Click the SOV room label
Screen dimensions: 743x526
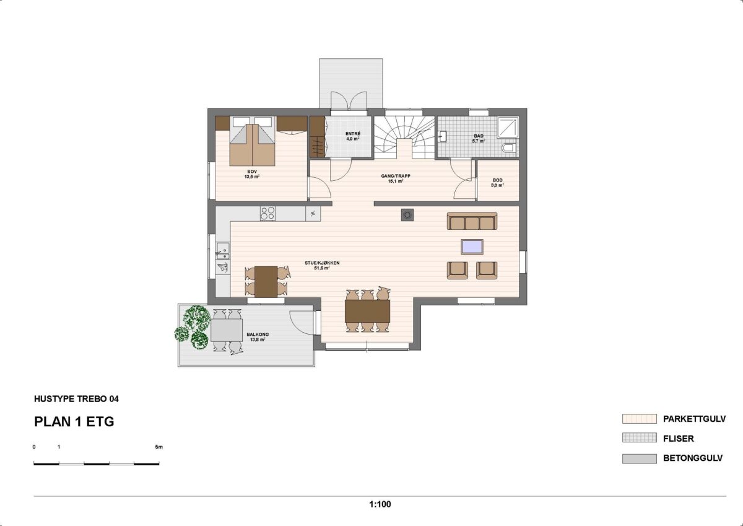coord(252,172)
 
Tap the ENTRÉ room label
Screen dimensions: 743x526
coord(353,134)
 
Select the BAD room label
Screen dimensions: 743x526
coord(479,136)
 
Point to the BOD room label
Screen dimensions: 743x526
coord(498,180)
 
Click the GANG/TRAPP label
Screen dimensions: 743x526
coord(396,176)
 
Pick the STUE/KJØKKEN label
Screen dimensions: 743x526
coord(322,263)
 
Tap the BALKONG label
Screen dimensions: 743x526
coord(258,334)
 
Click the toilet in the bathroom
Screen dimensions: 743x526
coord(509,148)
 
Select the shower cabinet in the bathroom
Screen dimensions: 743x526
coord(508,127)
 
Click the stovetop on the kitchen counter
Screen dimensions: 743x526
coord(267,213)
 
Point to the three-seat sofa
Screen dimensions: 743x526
coord(472,221)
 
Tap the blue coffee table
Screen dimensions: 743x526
coord(472,247)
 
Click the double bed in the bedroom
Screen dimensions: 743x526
coord(253,141)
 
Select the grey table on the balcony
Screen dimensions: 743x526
coord(227,330)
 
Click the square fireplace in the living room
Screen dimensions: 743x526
coord(407,215)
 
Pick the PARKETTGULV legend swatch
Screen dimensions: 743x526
coord(639,419)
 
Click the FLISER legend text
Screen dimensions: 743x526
coord(679,439)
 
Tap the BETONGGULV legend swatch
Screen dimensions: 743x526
coord(639,458)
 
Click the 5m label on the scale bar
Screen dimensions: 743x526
coord(159,447)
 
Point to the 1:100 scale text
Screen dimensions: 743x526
coord(380,504)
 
